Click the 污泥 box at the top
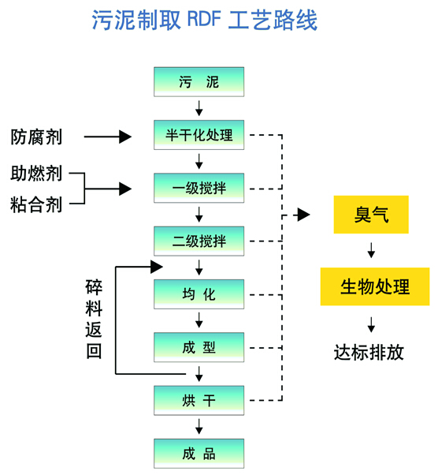199,82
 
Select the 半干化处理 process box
199,135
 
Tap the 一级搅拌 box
199,188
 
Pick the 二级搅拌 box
199,241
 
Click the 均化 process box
199,294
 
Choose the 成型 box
199,347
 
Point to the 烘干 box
199,401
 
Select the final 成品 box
199,454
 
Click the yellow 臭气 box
371,215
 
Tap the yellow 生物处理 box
375,286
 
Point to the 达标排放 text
369,353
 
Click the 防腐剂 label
36,137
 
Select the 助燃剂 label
36,174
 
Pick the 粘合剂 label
36,204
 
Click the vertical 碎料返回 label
94,319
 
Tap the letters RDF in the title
204,19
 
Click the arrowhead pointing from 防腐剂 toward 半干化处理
125,137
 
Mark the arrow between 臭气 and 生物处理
372,250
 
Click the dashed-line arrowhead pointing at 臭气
304,215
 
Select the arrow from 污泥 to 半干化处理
199,108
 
